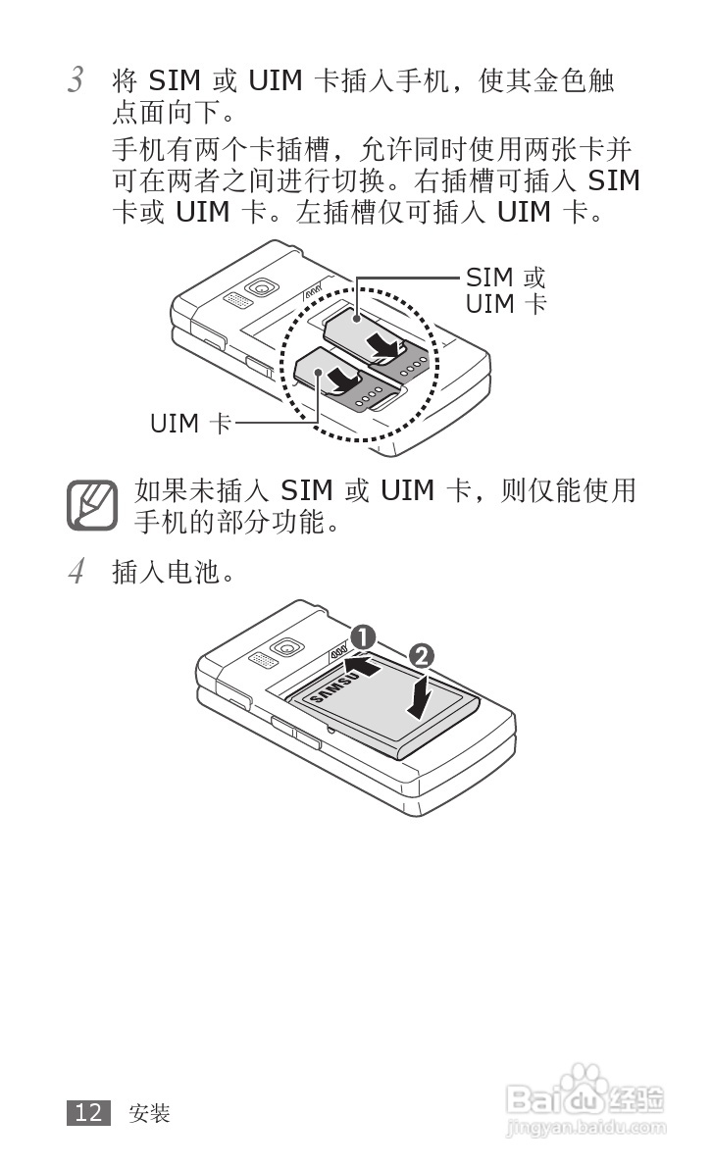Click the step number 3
[75, 80]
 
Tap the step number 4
[75, 571]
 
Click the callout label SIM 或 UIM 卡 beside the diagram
[505, 290]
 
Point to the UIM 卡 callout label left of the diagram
[190, 425]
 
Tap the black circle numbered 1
[363, 636]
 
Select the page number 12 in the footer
[87, 1112]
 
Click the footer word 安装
[149, 1113]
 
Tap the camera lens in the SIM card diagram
[261, 287]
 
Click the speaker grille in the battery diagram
[260, 660]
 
